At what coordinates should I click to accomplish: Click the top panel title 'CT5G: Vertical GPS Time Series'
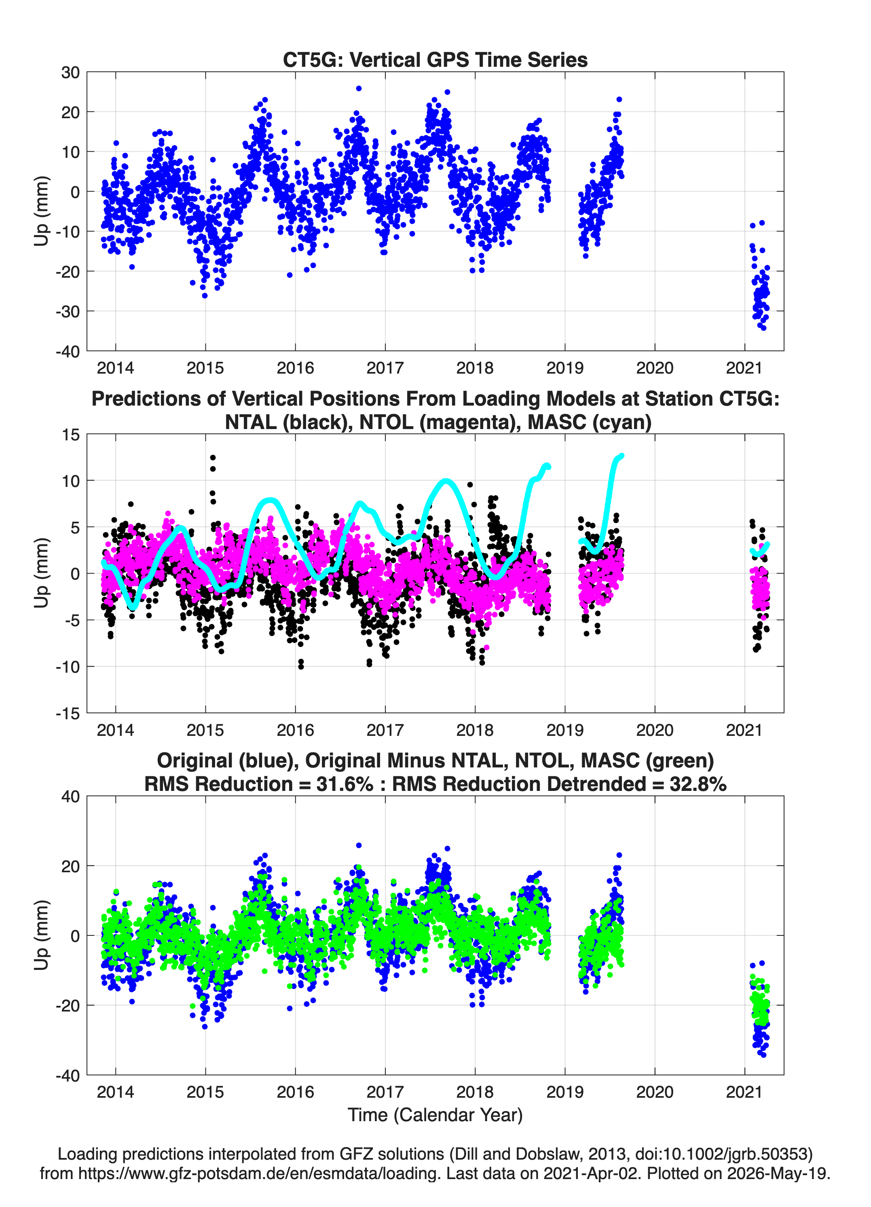pos(435,59)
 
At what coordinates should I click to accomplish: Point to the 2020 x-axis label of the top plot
pos(655,368)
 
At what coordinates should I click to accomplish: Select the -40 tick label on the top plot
pos(68,351)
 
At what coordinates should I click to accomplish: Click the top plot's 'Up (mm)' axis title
pos(42,211)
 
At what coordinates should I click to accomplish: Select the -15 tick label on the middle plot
pos(68,713)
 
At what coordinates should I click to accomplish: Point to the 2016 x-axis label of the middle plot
pos(295,730)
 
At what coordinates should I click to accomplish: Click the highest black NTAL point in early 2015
pos(213,457)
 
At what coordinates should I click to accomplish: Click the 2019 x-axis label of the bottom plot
pos(565,1092)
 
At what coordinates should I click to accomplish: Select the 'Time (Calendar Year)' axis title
pos(435,1114)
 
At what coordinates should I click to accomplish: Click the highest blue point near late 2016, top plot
pos(359,88)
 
